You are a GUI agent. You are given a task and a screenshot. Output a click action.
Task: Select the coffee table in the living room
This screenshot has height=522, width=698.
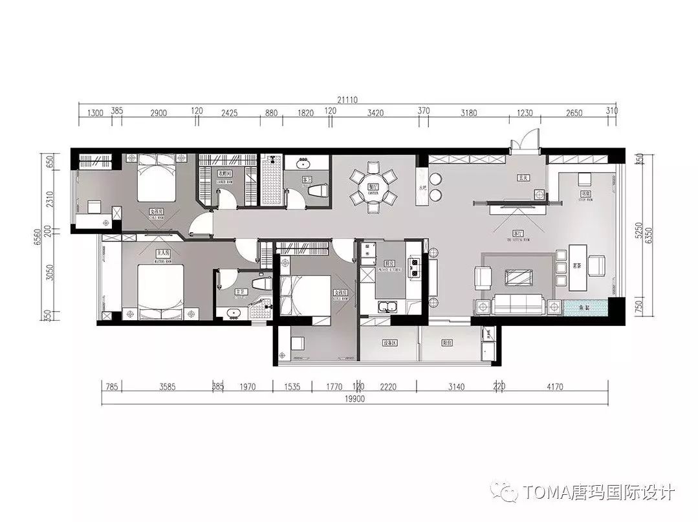click(518, 276)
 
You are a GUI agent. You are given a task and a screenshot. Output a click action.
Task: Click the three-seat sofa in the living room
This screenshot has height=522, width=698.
click(519, 303)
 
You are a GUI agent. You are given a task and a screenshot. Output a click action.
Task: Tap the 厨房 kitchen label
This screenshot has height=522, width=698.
click(389, 264)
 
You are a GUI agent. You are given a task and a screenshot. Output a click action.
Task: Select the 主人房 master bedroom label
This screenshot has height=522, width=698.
click(159, 252)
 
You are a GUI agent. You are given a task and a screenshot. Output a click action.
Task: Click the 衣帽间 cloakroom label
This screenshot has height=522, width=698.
click(224, 173)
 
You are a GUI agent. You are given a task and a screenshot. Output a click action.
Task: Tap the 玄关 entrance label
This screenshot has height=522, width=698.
click(523, 177)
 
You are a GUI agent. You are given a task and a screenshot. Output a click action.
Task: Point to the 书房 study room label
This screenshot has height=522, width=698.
click(586, 193)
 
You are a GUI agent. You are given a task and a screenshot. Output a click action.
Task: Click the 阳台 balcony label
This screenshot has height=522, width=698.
click(447, 343)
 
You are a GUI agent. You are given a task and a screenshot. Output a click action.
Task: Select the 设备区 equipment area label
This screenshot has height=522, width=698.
click(389, 343)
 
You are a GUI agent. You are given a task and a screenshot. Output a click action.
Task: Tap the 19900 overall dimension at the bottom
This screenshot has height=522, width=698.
click(355, 399)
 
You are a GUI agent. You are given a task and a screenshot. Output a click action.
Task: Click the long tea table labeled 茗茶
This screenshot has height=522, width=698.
click(578, 265)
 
